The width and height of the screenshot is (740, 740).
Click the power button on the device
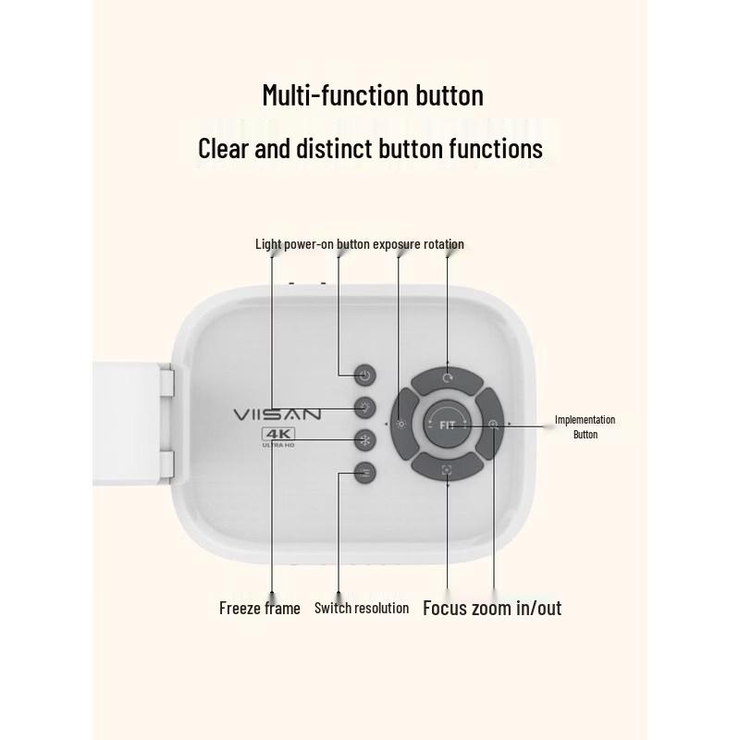[x=364, y=376]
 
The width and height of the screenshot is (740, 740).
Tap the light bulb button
[x=364, y=408]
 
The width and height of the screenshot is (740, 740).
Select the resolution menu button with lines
[x=364, y=473]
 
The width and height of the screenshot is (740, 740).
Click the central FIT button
[x=447, y=425]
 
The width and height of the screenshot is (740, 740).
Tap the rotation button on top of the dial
[x=448, y=379]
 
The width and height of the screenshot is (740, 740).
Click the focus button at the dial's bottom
[x=448, y=468]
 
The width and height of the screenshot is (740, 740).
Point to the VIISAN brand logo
[x=277, y=414]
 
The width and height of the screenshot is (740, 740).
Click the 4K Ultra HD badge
[x=278, y=438]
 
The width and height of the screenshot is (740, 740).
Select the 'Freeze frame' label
[x=260, y=608]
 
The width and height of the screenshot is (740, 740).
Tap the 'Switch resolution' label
[x=362, y=608]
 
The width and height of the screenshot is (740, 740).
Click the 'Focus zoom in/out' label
[x=492, y=608]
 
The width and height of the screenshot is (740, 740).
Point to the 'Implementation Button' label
[x=586, y=426]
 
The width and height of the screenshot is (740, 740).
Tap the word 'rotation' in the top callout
[x=443, y=244]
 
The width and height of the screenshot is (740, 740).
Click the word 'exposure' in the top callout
[x=397, y=244]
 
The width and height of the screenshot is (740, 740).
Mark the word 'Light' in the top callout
[x=268, y=244]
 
